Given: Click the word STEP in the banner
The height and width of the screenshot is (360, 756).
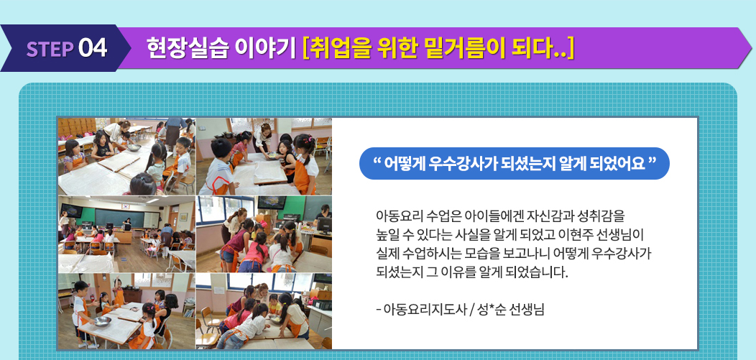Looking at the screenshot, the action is click(50, 49).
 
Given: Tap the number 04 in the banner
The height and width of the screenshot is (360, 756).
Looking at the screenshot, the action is click(93, 49).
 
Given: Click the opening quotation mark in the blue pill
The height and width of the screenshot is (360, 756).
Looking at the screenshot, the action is click(377, 160).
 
